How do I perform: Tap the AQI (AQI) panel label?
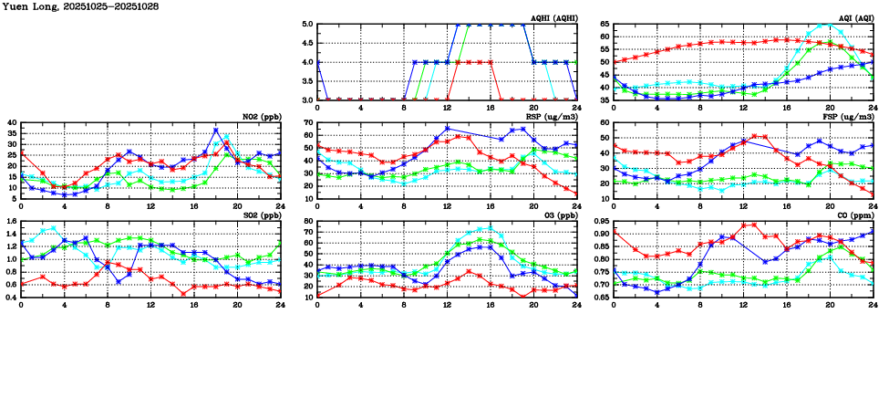coord(853,18)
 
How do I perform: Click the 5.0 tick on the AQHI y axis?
coord(305,25)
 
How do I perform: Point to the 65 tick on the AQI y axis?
coord(604,25)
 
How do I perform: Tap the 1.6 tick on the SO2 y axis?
coord(10,221)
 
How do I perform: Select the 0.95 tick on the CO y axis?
coord(600,221)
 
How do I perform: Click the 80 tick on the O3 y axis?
coord(307,221)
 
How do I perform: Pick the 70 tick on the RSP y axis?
coord(307,122)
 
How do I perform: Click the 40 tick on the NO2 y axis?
coord(12,122)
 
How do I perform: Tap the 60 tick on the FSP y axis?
coord(604,122)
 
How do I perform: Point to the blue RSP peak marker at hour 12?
coord(448,129)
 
